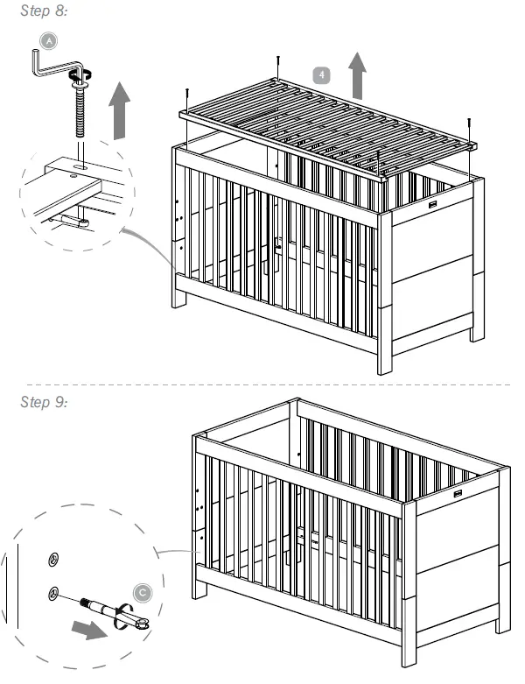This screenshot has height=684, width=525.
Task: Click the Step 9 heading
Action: pos(43,401)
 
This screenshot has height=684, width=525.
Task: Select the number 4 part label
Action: pos(323,74)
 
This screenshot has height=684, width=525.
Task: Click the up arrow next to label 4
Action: pos(357,75)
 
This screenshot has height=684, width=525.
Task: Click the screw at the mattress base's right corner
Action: pos(470,127)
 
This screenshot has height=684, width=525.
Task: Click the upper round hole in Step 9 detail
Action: pos(54,558)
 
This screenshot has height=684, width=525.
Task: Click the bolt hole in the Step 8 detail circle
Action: pos(79,164)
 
